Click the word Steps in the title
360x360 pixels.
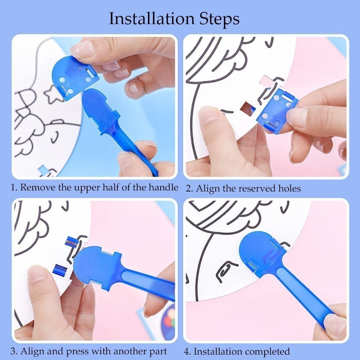coord(220,19)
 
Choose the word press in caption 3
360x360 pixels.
coord(77,352)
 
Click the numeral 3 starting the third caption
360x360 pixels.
coord(13,351)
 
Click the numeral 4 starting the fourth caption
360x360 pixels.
coord(186,351)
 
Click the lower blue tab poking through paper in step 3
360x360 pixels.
coord(60,270)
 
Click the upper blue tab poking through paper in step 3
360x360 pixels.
coord(71,242)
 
